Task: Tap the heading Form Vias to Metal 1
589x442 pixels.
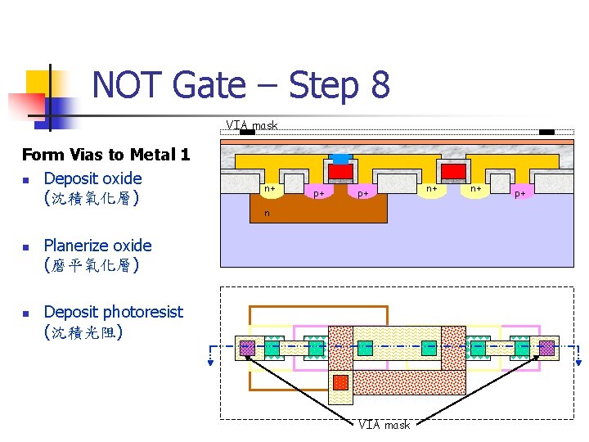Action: coord(106,154)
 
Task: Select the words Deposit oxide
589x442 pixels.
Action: coord(92,178)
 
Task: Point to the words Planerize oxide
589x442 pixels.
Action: coord(97,246)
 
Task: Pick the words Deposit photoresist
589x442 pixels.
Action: coord(113,312)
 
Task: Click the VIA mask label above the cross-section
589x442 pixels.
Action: coord(252,125)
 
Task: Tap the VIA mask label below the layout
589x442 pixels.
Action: coord(384,424)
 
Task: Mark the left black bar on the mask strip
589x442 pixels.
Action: coord(247,132)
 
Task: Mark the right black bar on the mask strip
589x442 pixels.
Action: coord(546,132)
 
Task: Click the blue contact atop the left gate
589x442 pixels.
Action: coord(340,158)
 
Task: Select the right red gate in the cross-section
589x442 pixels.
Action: coord(452,171)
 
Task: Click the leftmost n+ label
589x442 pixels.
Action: coord(268,189)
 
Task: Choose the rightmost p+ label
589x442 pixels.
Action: coord(519,194)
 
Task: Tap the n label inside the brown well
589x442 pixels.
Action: coord(266,214)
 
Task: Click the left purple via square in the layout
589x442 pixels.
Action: coord(246,348)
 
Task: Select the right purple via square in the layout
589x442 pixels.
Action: coord(546,348)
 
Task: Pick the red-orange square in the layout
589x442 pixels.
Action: coord(340,382)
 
